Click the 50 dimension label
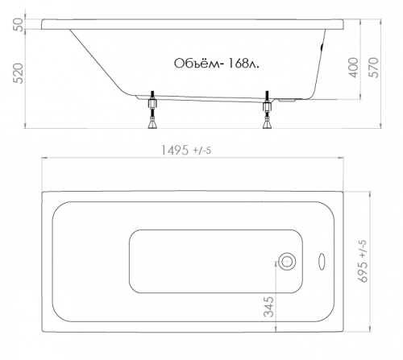[19, 24]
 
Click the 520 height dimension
[19, 73]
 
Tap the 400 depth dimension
[355, 68]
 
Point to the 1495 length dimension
[175, 151]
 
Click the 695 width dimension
[364, 271]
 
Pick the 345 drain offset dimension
[268, 307]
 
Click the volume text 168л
[243, 64]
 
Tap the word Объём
[197, 64]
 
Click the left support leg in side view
[152, 110]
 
